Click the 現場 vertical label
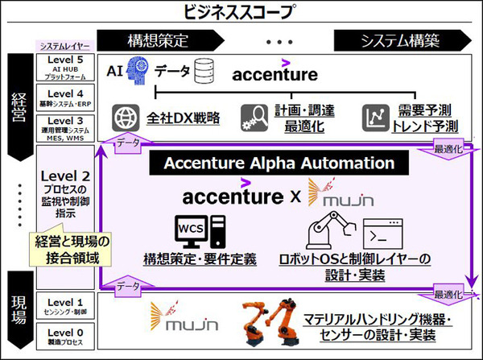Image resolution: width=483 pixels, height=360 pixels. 19,311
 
